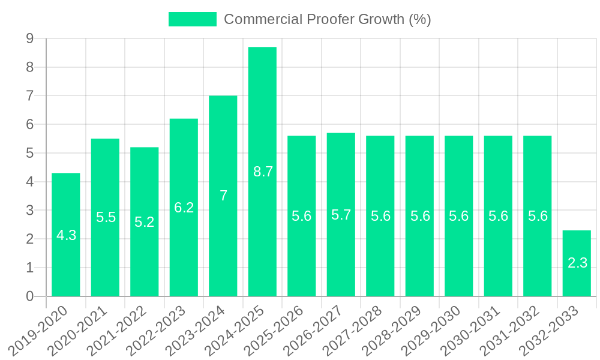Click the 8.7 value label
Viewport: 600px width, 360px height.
[263, 172]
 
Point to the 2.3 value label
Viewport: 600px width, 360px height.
[577, 262]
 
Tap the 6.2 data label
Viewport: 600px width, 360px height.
[184, 208]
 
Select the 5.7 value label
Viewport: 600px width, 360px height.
[341, 215]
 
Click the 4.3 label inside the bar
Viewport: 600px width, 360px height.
[66, 235]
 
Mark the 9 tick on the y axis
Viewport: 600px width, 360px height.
[29, 39]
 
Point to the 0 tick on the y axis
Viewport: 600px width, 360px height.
[29, 296]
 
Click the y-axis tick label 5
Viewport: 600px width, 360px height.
[29, 154]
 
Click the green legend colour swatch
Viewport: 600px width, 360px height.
[192, 19]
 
